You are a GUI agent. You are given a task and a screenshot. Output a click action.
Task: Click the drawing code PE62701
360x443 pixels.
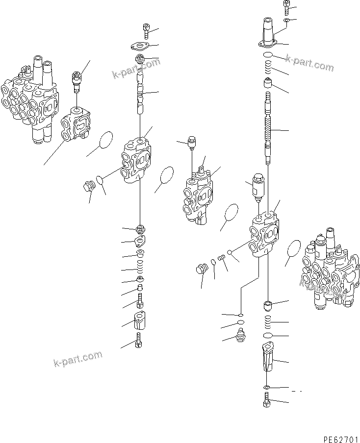point(337,432)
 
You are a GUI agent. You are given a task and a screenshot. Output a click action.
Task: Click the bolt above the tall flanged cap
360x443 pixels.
point(287,6)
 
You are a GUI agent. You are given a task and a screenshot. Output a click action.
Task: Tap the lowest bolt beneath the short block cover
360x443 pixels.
point(139,340)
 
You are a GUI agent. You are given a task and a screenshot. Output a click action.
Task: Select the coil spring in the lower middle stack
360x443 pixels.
point(139,269)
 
